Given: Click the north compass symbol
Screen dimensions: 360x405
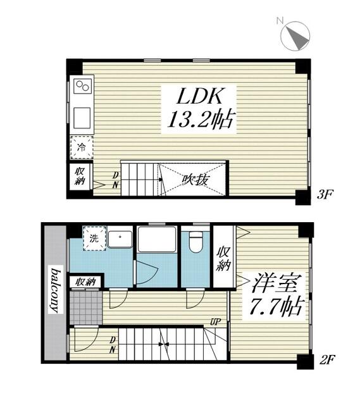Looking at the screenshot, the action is (x=295, y=35).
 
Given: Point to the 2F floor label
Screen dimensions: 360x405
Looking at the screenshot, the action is (x=328, y=359).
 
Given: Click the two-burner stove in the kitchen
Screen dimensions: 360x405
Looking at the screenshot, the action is (x=83, y=86).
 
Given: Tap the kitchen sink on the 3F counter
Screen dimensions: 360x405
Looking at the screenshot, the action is (x=82, y=118).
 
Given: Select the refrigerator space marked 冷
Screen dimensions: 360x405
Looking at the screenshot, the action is (x=82, y=147).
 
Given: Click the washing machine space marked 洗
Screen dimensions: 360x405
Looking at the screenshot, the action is (x=94, y=238).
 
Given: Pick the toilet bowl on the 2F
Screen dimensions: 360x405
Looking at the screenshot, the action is (x=196, y=241).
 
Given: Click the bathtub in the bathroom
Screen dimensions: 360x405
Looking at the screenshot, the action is (x=157, y=239).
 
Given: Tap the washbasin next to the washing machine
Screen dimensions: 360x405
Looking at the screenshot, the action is (x=120, y=239).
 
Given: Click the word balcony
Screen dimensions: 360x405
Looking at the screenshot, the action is (x=56, y=290).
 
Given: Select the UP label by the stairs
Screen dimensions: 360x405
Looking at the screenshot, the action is (x=215, y=322).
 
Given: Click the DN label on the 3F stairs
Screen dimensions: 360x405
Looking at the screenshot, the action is (x=116, y=180).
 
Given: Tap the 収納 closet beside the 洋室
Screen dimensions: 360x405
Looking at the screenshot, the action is (x=223, y=258).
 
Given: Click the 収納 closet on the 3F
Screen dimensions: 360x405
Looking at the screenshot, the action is (x=80, y=176).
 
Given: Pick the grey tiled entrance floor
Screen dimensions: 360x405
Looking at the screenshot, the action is (x=86, y=308).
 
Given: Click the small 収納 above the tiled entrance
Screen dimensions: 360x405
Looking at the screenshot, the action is (x=86, y=282).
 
